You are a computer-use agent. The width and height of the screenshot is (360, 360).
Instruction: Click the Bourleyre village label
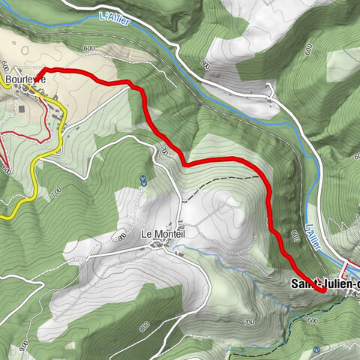pos(25,77)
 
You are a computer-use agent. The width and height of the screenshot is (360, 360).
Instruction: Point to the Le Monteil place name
pos(163,234)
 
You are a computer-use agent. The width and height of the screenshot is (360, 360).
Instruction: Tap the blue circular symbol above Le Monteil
pos(142,180)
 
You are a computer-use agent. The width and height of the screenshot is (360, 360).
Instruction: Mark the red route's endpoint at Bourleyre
pos(48,72)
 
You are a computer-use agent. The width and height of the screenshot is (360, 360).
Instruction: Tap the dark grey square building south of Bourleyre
pos(20,109)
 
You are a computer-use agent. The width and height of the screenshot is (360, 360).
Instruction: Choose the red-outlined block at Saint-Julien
pos(350,266)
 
